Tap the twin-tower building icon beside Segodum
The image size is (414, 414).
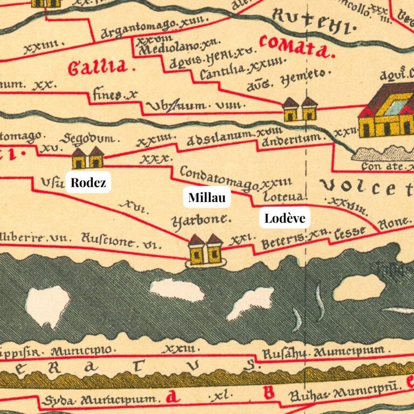tap(87, 158)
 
